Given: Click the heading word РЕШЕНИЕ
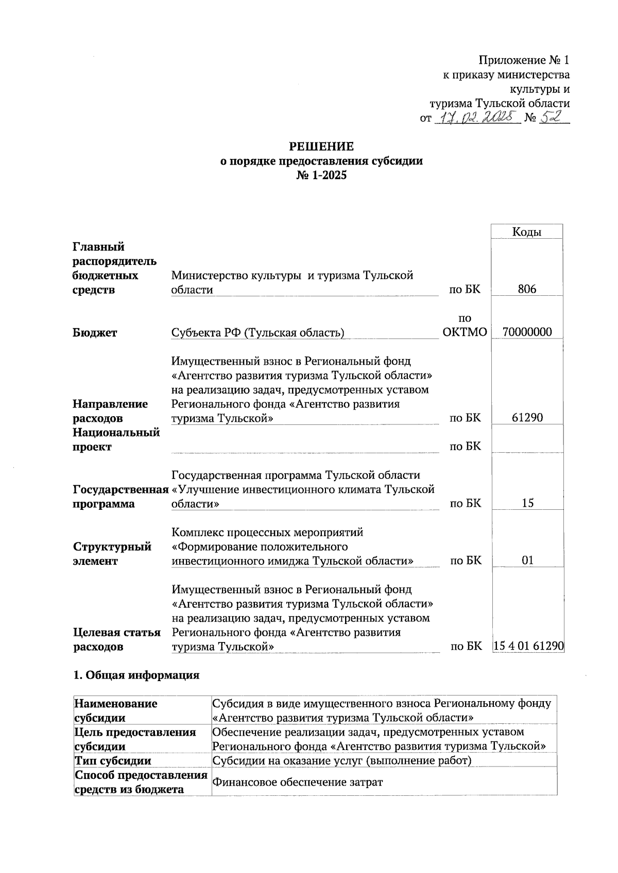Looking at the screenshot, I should tap(321, 146).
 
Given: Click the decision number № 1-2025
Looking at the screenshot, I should tap(321, 175).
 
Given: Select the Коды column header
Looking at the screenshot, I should tap(527, 232).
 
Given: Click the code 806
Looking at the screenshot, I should tap(527, 289).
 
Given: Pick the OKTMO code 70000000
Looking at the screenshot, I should tap(527, 332).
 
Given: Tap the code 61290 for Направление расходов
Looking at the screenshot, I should tap(527, 418).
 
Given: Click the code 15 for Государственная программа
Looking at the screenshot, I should tap(527, 503).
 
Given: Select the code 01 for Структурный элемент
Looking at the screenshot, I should tap(527, 560).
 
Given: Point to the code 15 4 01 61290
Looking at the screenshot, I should tap(528, 646).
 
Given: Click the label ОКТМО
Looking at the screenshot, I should tap(465, 332).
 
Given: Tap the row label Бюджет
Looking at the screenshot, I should tap(95, 333).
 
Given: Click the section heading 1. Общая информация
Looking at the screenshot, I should tap(136, 675).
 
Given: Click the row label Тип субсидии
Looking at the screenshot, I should tap(113, 761).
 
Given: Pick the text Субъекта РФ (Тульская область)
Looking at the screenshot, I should tap(257, 333).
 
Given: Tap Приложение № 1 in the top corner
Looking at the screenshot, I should tap(524, 60).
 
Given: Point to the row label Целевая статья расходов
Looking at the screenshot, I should tap(117, 639).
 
